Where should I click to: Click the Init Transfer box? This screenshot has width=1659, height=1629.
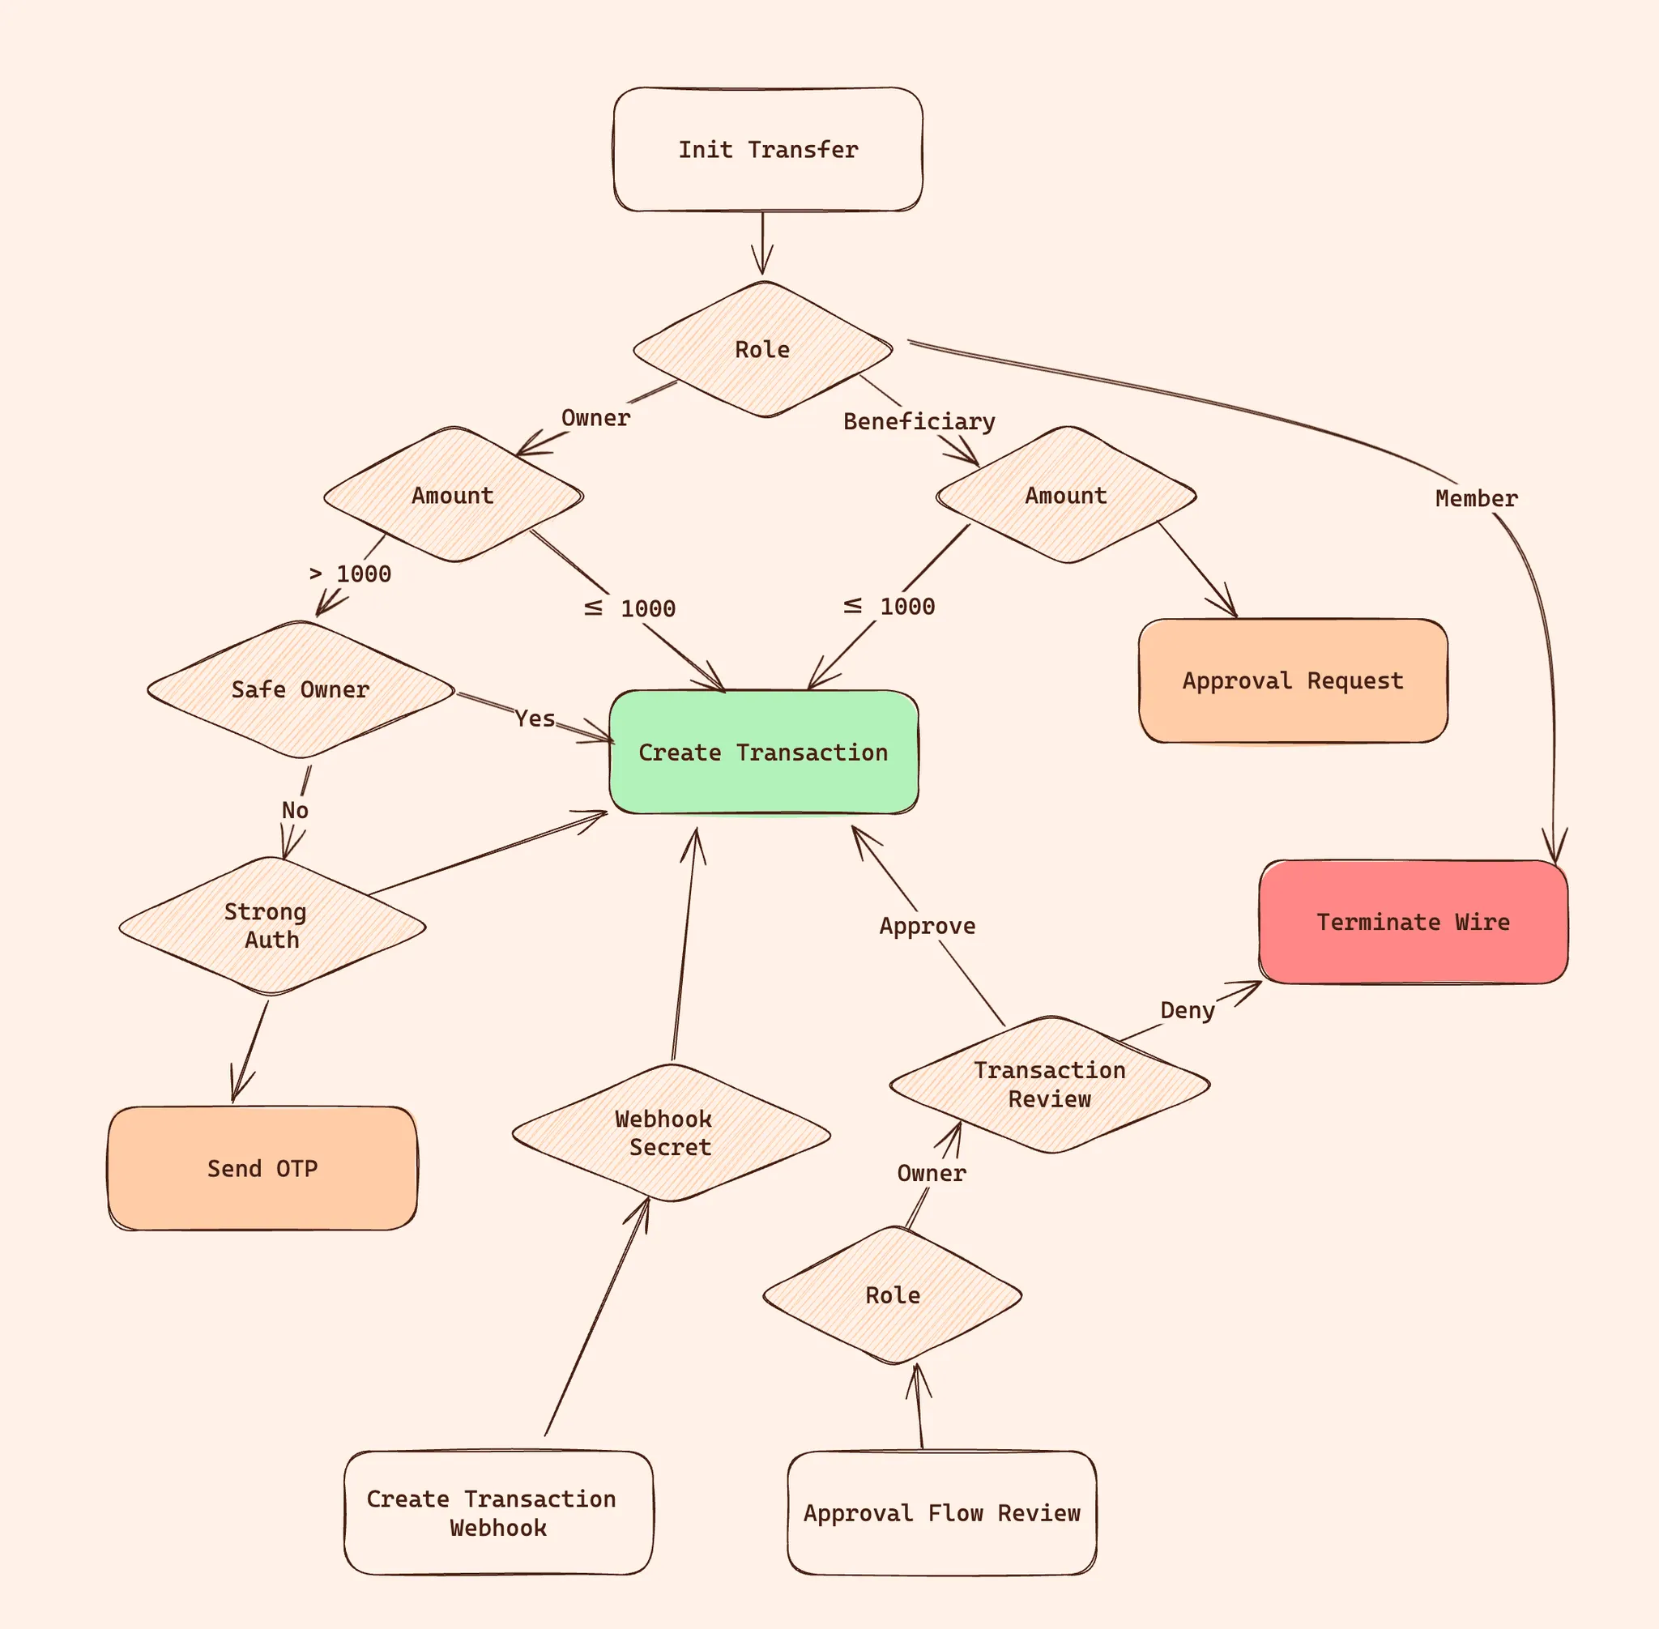click(x=767, y=150)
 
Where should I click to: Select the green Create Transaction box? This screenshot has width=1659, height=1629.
click(x=763, y=752)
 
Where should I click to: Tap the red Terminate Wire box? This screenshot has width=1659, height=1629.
click(x=1413, y=923)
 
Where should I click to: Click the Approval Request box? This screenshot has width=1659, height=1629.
click(x=1292, y=681)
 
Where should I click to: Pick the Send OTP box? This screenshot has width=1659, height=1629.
click(x=262, y=1169)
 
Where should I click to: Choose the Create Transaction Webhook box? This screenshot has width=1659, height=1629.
click(x=498, y=1512)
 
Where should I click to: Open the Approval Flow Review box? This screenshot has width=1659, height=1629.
click(x=941, y=1512)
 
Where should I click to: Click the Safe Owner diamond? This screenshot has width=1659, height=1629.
click(x=301, y=689)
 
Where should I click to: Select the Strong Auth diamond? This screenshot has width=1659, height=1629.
click(x=271, y=926)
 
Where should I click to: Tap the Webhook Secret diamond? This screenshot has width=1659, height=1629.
click(x=670, y=1132)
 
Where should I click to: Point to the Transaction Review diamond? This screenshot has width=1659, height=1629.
click(x=1049, y=1085)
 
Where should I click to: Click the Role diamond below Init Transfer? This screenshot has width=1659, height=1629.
click(x=762, y=349)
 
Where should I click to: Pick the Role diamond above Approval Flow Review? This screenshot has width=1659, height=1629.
click(x=893, y=1295)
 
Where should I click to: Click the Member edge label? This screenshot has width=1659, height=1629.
click(x=1476, y=498)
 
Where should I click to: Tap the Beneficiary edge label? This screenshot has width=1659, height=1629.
click(x=919, y=421)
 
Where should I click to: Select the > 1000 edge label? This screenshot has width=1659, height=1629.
click(x=351, y=574)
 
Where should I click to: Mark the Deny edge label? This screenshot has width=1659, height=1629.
click(x=1188, y=1010)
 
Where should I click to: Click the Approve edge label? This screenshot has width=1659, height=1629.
click(x=928, y=926)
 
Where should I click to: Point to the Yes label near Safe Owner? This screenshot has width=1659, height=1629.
click(x=535, y=719)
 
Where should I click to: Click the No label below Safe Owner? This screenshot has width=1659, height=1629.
click(x=295, y=810)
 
